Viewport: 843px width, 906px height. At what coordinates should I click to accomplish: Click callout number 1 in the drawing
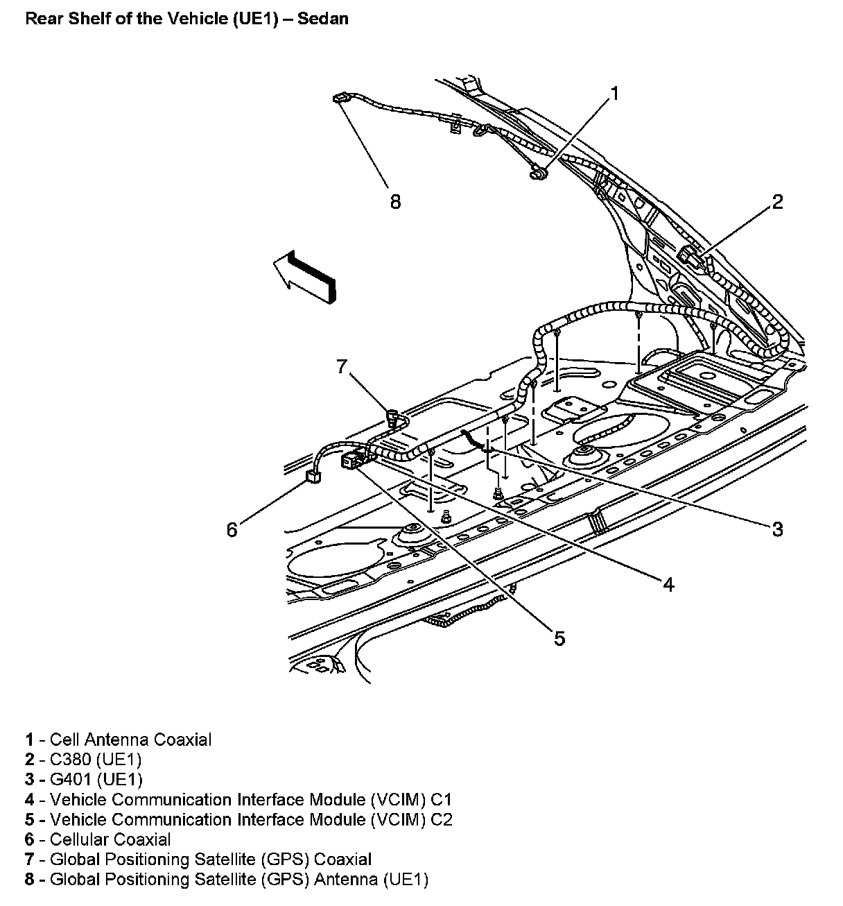coord(614,94)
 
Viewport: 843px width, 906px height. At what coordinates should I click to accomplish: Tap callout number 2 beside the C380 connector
coord(777,202)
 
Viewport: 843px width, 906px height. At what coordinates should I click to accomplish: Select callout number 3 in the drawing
coord(777,529)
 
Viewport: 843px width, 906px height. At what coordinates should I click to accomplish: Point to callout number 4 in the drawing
coord(668,585)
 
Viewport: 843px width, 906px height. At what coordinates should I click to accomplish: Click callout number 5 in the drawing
coord(559,638)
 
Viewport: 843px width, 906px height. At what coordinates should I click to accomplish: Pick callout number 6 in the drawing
coord(232,530)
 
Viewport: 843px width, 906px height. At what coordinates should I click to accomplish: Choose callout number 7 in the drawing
coord(341,366)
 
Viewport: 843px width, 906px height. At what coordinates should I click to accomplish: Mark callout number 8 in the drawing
coord(394,202)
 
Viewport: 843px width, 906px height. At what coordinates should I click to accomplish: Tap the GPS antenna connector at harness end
coord(340,100)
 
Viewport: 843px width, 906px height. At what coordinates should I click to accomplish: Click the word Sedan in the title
coord(325,19)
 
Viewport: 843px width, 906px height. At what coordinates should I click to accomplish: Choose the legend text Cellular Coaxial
coord(110,840)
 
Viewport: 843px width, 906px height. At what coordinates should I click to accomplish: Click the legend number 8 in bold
coord(29,880)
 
